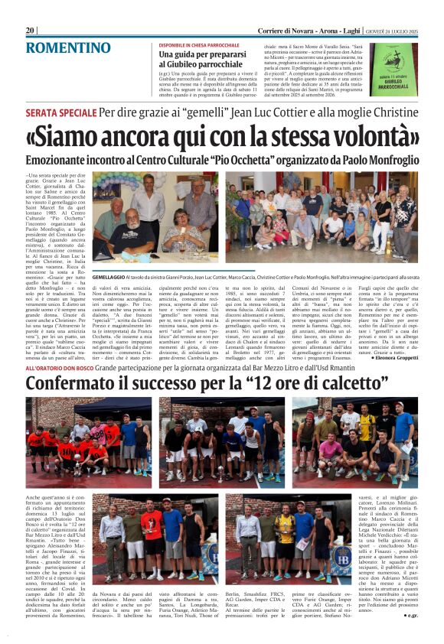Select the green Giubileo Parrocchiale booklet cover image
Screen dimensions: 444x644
click(x=393, y=68)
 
